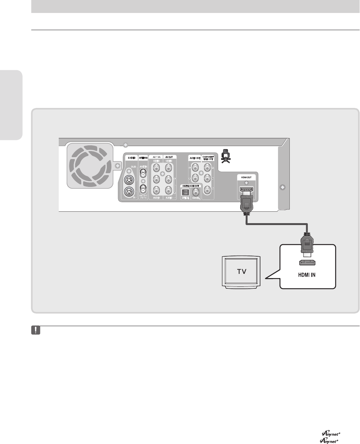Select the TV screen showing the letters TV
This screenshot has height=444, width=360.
241,272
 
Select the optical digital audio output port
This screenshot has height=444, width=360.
186,193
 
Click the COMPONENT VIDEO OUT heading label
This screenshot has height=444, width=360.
208,158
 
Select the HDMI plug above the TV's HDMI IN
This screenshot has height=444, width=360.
308,247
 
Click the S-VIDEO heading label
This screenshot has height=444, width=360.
130,157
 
